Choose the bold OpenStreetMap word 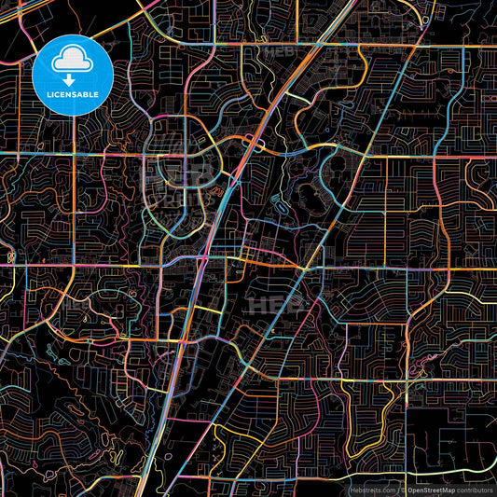click(431, 489)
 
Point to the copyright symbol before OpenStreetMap click(401, 489)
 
